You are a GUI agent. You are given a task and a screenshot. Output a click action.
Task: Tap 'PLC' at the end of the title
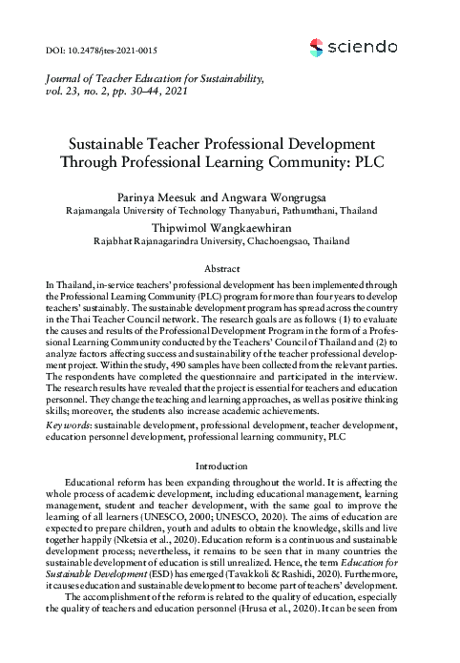click(x=379, y=161)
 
